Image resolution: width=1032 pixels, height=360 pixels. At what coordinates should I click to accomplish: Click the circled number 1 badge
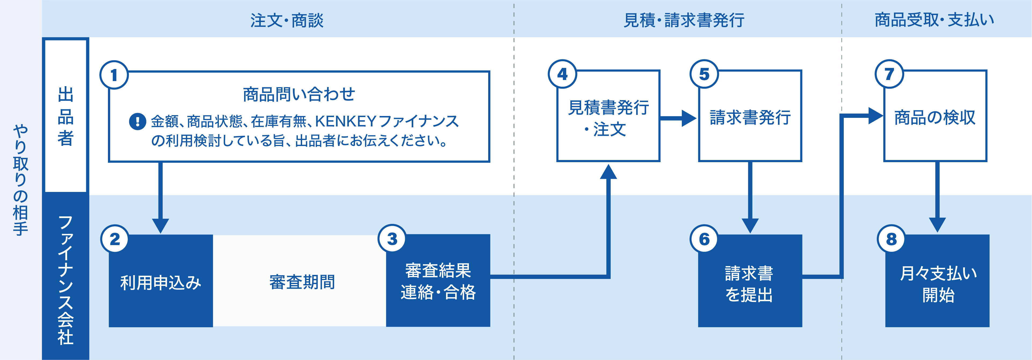[x=114, y=75]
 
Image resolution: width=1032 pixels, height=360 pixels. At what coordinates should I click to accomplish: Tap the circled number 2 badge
[x=115, y=239]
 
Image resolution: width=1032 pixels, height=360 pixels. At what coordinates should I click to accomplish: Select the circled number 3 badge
[x=392, y=239]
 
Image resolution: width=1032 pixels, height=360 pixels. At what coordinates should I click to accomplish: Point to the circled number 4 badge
[x=563, y=74]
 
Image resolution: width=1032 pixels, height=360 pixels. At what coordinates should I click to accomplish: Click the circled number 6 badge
[x=704, y=239]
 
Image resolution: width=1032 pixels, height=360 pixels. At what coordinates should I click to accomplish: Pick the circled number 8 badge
[x=891, y=239]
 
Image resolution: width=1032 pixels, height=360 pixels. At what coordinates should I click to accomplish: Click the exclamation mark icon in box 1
[x=137, y=121]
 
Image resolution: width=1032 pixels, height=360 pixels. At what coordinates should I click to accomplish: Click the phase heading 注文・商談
[x=287, y=20]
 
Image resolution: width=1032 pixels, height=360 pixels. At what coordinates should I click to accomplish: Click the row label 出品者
[x=66, y=116]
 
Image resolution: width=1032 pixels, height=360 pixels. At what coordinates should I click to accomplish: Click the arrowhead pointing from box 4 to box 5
[x=688, y=118]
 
